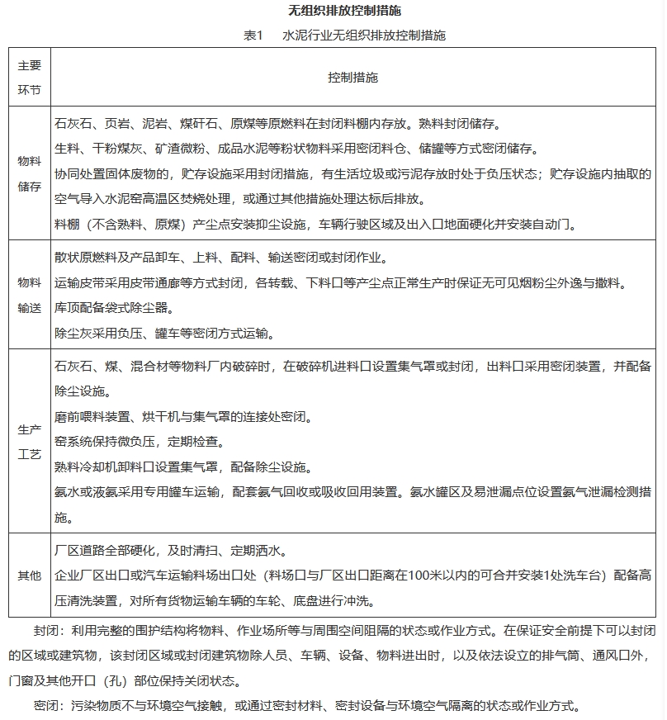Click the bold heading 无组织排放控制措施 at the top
[333, 11]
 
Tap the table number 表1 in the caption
[253, 36]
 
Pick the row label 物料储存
[30, 174]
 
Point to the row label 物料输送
[30, 295]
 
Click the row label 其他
[30, 576]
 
